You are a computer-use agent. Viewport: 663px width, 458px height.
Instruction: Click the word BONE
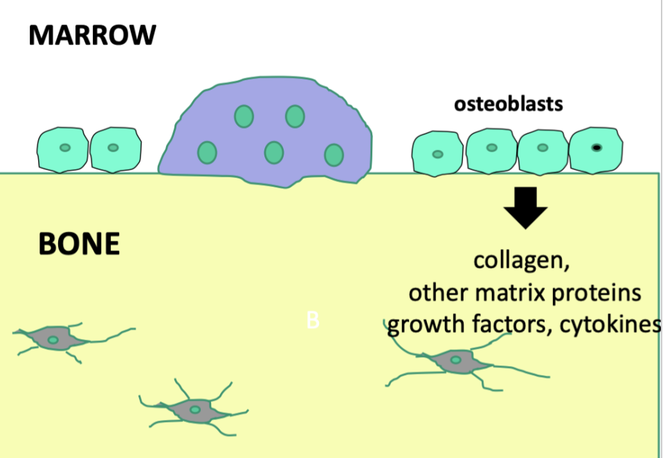[x=79, y=244]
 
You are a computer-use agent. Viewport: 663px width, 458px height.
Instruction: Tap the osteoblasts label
[x=508, y=104]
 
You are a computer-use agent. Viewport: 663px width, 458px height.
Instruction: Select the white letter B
[x=313, y=321]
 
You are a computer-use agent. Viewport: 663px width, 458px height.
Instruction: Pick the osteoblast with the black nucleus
[x=596, y=148]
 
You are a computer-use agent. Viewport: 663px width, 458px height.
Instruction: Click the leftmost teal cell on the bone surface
[x=64, y=149]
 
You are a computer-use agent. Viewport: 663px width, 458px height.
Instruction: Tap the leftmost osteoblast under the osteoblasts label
[x=438, y=153]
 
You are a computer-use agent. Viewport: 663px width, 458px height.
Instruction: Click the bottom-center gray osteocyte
[x=194, y=409]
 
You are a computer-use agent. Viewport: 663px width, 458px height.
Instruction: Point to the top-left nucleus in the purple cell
[x=243, y=116]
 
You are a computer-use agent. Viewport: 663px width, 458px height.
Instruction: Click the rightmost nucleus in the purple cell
[x=334, y=154]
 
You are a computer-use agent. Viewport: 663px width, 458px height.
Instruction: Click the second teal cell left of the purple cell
[x=115, y=148]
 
